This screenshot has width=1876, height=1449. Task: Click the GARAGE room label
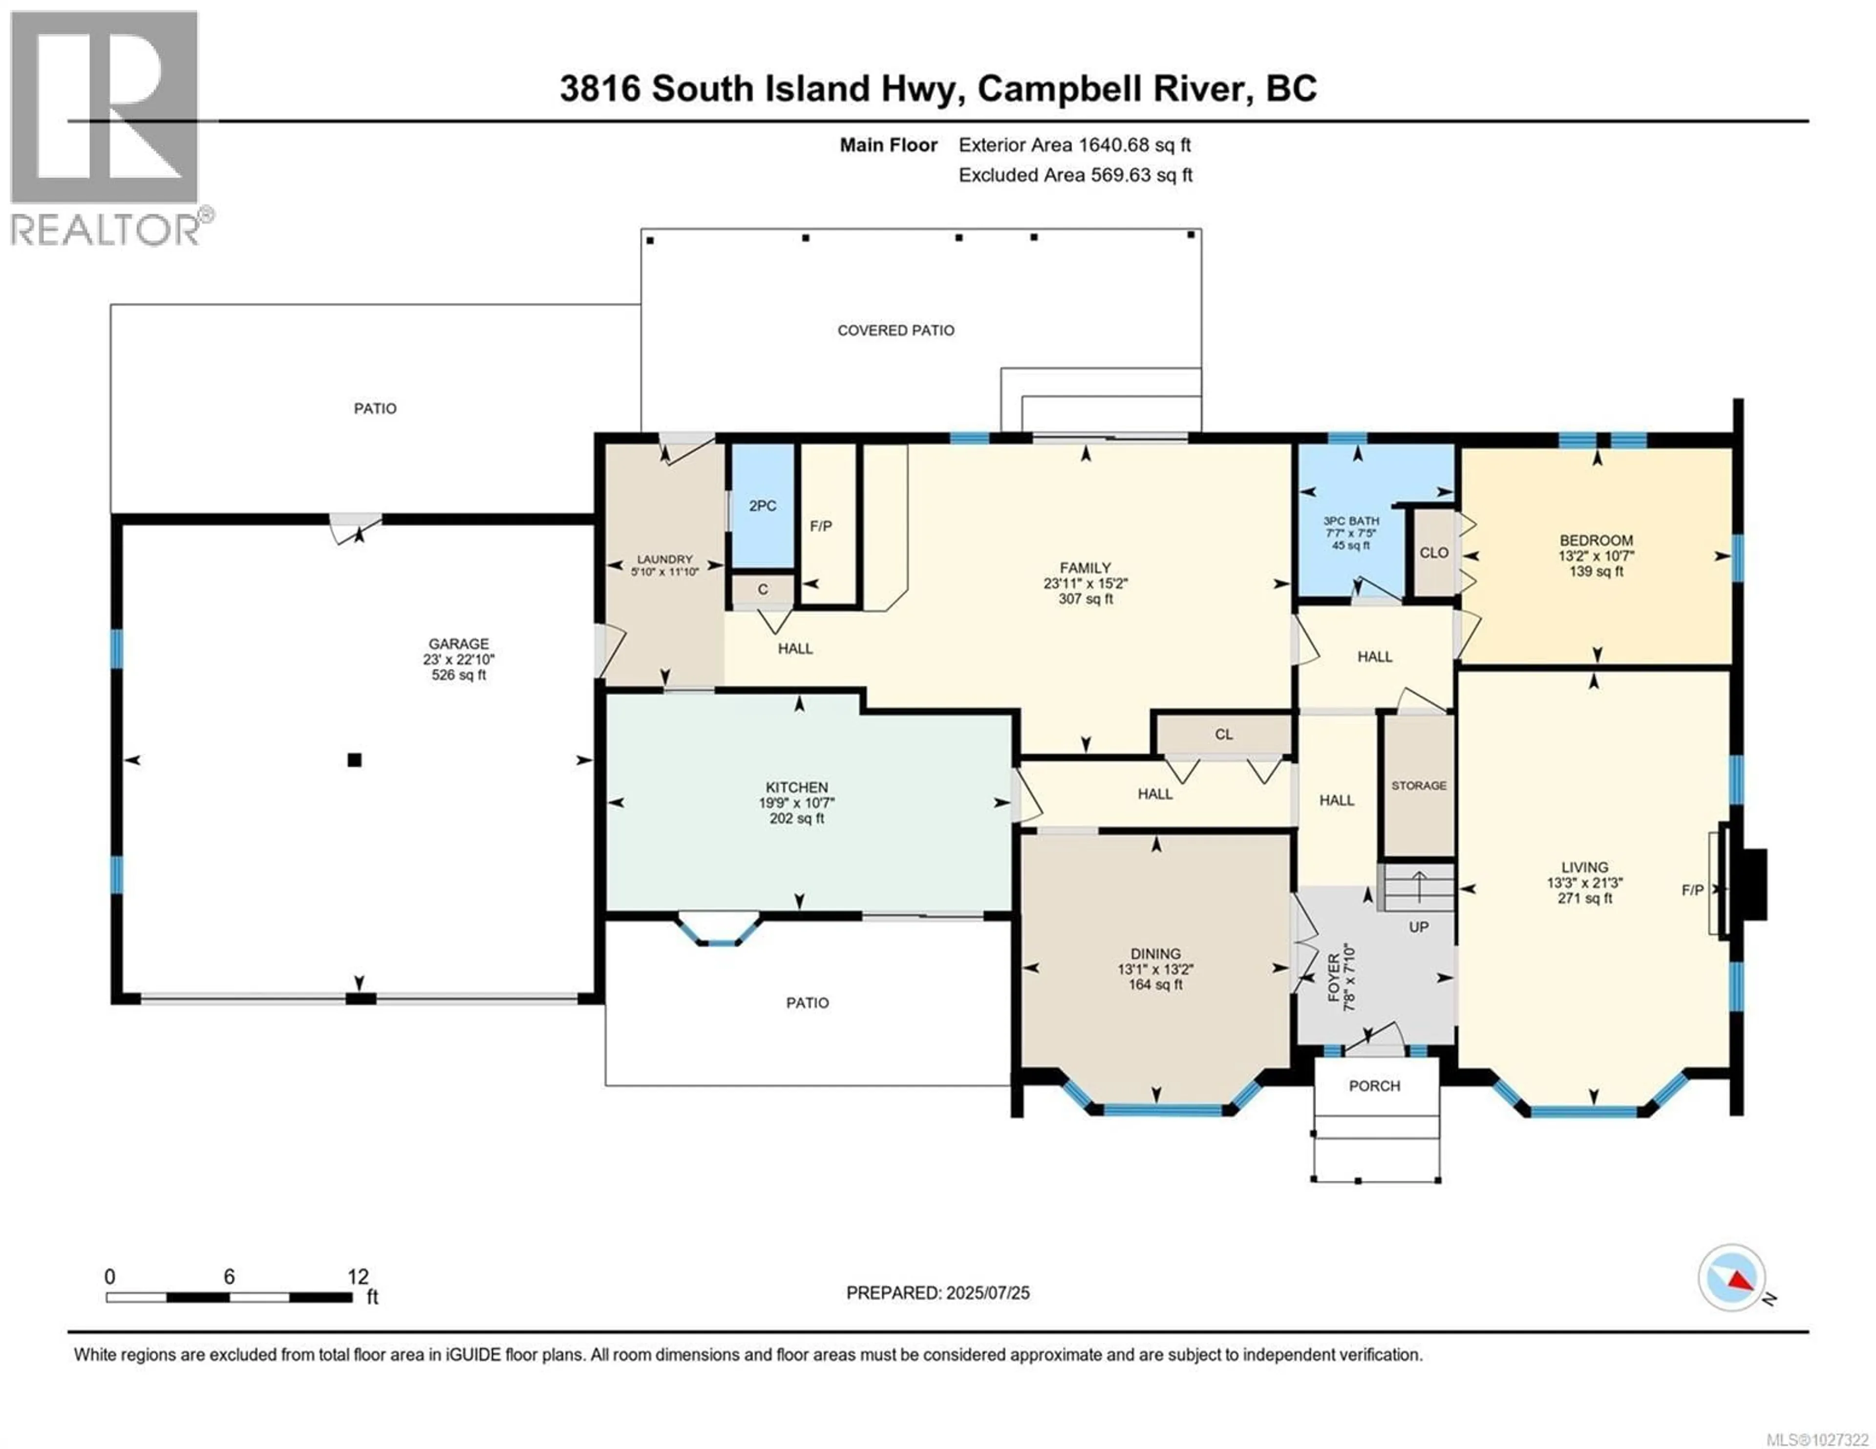pos(459,643)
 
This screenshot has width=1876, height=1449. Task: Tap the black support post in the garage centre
pos(354,759)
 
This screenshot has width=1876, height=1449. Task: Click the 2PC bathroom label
pos(762,506)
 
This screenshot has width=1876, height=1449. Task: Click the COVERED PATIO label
pos(896,330)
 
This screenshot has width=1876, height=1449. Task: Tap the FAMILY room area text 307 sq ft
pos(1085,599)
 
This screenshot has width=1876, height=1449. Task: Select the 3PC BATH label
pos(1351,521)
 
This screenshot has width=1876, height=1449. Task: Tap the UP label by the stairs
pos(1418,927)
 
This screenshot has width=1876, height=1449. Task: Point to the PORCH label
pos(1374,1086)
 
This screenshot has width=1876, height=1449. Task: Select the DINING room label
pos(1155,953)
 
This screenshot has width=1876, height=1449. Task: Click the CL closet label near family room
pos(1223,735)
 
